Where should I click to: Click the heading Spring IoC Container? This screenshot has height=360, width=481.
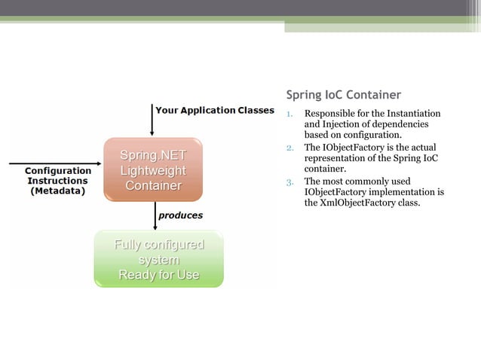[343, 95]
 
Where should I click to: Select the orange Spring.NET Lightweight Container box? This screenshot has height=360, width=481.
[153, 169]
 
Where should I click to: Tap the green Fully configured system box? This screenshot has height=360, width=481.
[158, 259]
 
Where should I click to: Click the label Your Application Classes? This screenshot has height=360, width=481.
[215, 110]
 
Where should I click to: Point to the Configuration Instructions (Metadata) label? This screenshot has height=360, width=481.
[58, 181]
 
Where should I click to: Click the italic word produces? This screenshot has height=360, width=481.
[180, 215]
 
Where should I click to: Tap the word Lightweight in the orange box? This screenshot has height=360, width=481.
[153, 170]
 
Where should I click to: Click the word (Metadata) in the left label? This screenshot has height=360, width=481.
[58, 191]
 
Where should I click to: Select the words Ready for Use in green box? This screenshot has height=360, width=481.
[158, 275]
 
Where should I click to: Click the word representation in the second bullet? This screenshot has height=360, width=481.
[339, 158]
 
